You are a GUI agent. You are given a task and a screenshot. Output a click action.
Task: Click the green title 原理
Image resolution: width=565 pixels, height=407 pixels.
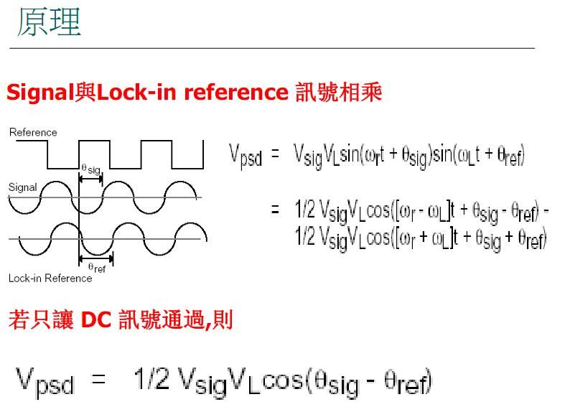click(49, 22)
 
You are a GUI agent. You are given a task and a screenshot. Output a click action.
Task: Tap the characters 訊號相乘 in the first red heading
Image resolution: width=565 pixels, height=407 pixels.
click(338, 92)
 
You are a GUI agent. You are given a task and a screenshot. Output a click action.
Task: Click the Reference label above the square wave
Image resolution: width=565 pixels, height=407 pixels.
click(33, 132)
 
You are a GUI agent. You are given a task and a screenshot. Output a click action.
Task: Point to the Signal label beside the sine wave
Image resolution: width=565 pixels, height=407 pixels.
click(22, 187)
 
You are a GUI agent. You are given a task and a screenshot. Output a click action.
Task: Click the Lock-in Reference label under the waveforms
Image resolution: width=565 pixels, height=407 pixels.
click(50, 278)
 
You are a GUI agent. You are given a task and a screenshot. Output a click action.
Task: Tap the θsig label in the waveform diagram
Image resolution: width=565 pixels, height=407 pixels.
click(90, 169)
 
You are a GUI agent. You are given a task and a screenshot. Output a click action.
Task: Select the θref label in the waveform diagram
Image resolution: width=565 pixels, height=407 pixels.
click(97, 268)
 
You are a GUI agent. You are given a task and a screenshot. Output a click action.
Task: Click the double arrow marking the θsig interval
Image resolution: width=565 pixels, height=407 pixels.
click(90, 179)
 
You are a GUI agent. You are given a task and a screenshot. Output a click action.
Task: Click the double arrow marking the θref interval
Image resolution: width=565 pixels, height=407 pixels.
click(96, 258)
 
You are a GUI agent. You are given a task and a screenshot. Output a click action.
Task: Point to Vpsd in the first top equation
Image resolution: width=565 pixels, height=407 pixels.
click(246, 155)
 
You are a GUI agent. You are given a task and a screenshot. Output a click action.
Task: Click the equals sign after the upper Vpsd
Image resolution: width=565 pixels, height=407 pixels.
click(275, 154)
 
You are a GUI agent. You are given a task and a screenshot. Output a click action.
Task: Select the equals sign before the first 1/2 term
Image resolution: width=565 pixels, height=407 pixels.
click(275, 210)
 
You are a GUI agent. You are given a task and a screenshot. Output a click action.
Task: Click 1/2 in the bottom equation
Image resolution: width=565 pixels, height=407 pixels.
click(151, 379)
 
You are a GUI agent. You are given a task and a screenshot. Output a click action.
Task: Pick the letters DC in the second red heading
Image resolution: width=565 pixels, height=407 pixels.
click(96, 319)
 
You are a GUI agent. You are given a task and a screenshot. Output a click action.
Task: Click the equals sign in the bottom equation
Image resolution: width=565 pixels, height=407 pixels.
click(98, 379)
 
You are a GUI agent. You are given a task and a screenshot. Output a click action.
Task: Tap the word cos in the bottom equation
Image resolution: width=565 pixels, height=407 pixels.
click(283, 380)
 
